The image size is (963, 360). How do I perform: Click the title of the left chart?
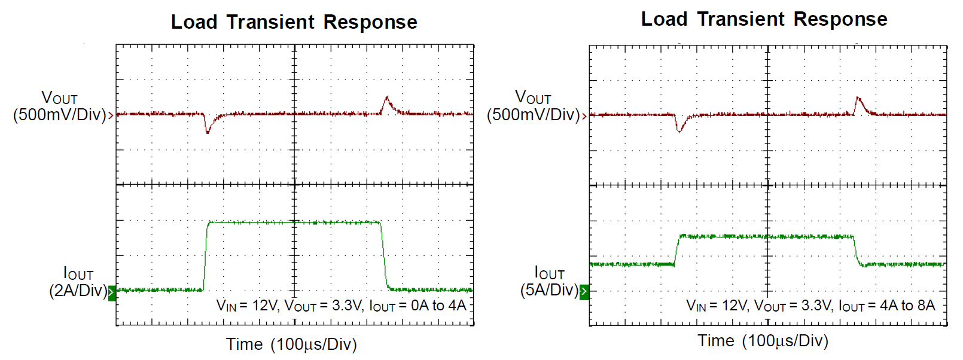tap(294, 22)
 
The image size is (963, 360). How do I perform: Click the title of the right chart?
tap(764, 19)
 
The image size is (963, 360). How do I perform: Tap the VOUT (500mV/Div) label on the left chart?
tap(59, 106)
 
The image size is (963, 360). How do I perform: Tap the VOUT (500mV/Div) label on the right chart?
tap(533, 106)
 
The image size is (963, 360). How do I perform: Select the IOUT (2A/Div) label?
tap(78, 282)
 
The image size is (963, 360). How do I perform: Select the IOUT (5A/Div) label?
tap(549, 282)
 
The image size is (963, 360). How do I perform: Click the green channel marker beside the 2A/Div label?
tap(112, 292)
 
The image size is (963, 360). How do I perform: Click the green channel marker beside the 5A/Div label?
tap(584, 292)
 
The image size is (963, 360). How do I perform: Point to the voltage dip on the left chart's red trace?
tap(208, 130)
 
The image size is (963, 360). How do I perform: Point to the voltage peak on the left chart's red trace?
tap(387, 98)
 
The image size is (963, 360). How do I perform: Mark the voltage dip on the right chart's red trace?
tap(679, 129)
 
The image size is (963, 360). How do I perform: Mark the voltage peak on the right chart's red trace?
tap(858, 98)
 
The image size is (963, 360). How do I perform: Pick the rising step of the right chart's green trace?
tap(677, 250)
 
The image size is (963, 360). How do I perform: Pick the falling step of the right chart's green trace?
tap(856, 250)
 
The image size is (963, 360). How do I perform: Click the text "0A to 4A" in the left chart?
tap(438, 306)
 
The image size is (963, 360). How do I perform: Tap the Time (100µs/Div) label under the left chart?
tap(291, 344)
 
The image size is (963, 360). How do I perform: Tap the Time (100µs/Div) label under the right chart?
tap(763, 341)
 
